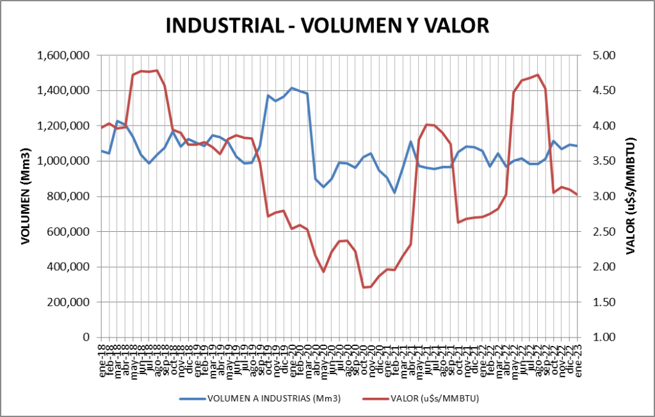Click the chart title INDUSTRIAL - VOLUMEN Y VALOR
tap(327, 25)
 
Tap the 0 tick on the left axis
tap(88, 338)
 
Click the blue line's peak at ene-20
tap(292, 88)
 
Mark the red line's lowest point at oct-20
tap(364, 287)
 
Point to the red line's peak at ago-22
tap(538, 75)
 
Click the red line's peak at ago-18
tap(157, 70)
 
